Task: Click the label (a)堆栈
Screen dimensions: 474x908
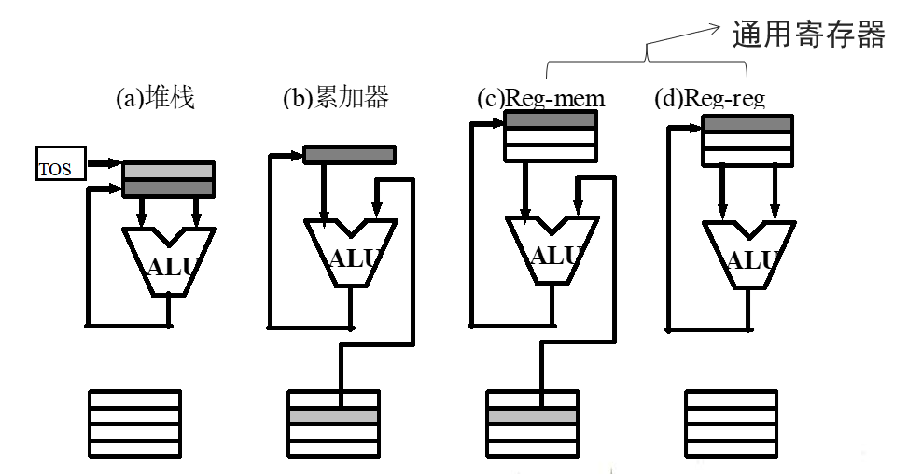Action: click(x=154, y=98)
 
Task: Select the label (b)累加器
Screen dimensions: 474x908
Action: click(x=335, y=98)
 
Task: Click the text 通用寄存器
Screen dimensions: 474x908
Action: click(x=808, y=35)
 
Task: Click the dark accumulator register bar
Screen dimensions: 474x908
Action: click(x=349, y=154)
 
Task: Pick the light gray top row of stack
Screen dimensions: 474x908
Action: click(x=168, y=172)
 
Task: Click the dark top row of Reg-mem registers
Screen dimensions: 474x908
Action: click(x=550, y=120)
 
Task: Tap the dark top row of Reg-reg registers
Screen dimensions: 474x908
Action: click(x=747, y=124)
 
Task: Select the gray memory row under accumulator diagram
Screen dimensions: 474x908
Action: click(x=332, y=416)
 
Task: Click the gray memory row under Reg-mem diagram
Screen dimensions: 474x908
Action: click(x=533, y=416)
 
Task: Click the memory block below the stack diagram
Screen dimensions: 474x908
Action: click(x=134, y=423)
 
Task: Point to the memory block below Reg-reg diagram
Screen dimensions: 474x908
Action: click(x=731, y=423)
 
